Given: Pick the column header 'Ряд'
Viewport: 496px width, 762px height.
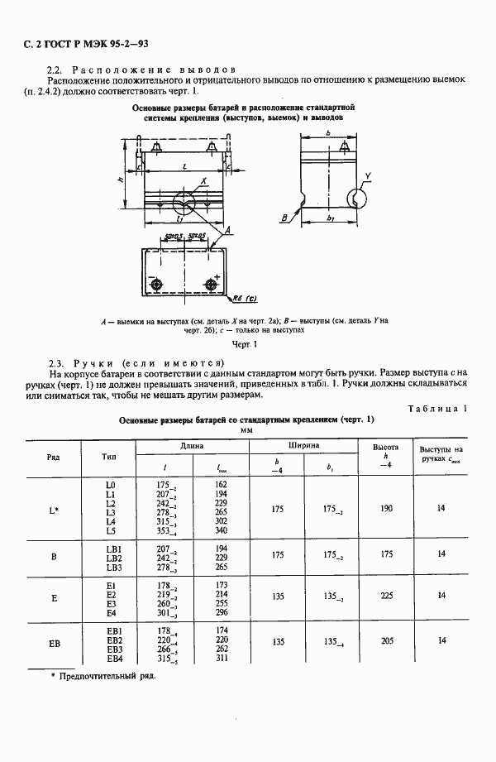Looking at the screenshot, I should pos(54,456).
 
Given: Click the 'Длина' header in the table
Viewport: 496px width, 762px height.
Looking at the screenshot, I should pos(192,445).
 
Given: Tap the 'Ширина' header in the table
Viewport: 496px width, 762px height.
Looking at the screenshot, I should pos(304,445).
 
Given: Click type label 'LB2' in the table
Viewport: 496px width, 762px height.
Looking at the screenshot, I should pos(114,558).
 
